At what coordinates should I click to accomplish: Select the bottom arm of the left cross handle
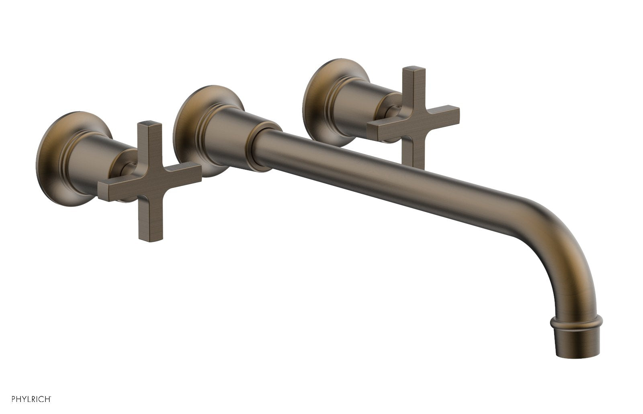coord(146,217)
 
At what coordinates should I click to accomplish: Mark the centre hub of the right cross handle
coord(414,120)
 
